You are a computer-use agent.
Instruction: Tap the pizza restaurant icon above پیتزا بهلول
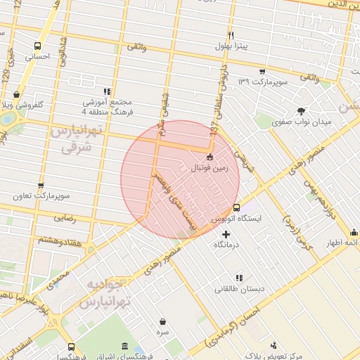pos(230,35)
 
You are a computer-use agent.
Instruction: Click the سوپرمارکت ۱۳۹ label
pos(263,82)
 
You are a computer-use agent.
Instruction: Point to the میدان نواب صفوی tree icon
pos(302,110)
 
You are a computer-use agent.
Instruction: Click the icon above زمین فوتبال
pos(210,157)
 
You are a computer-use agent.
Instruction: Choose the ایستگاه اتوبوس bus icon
pos(236,208)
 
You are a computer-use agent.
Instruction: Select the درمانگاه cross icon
pos(225,233)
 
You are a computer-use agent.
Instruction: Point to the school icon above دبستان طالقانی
pos(239,278)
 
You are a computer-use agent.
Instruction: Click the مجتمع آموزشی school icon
pos(107,91)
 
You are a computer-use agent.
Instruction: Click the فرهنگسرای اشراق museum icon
pos(124,347)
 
